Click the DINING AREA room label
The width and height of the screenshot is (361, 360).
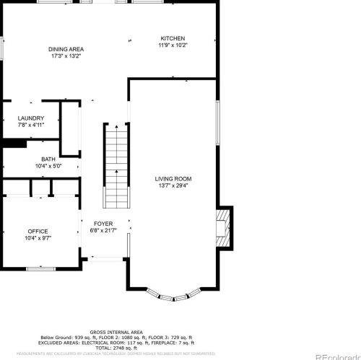pos(66,49)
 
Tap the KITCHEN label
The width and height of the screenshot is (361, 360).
pos(173,38)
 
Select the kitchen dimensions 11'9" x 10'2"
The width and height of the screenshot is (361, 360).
pos(173,45)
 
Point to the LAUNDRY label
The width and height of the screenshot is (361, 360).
pos(31,118)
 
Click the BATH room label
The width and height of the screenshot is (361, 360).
pos(48,159)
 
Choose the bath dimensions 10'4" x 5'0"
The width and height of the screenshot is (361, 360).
pos(48,166)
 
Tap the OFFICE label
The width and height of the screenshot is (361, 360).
pos(38,232)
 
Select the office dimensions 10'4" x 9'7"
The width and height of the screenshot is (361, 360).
pos(38,238)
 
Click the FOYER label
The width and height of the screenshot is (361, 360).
pos(103,224)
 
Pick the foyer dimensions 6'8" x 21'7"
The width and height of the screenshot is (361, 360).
pos(103,230)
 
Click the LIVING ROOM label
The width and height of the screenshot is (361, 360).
pos(173,178)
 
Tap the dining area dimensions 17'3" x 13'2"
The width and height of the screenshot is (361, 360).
pos(66,56)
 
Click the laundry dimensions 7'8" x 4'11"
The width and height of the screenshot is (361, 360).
pos(31,125)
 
